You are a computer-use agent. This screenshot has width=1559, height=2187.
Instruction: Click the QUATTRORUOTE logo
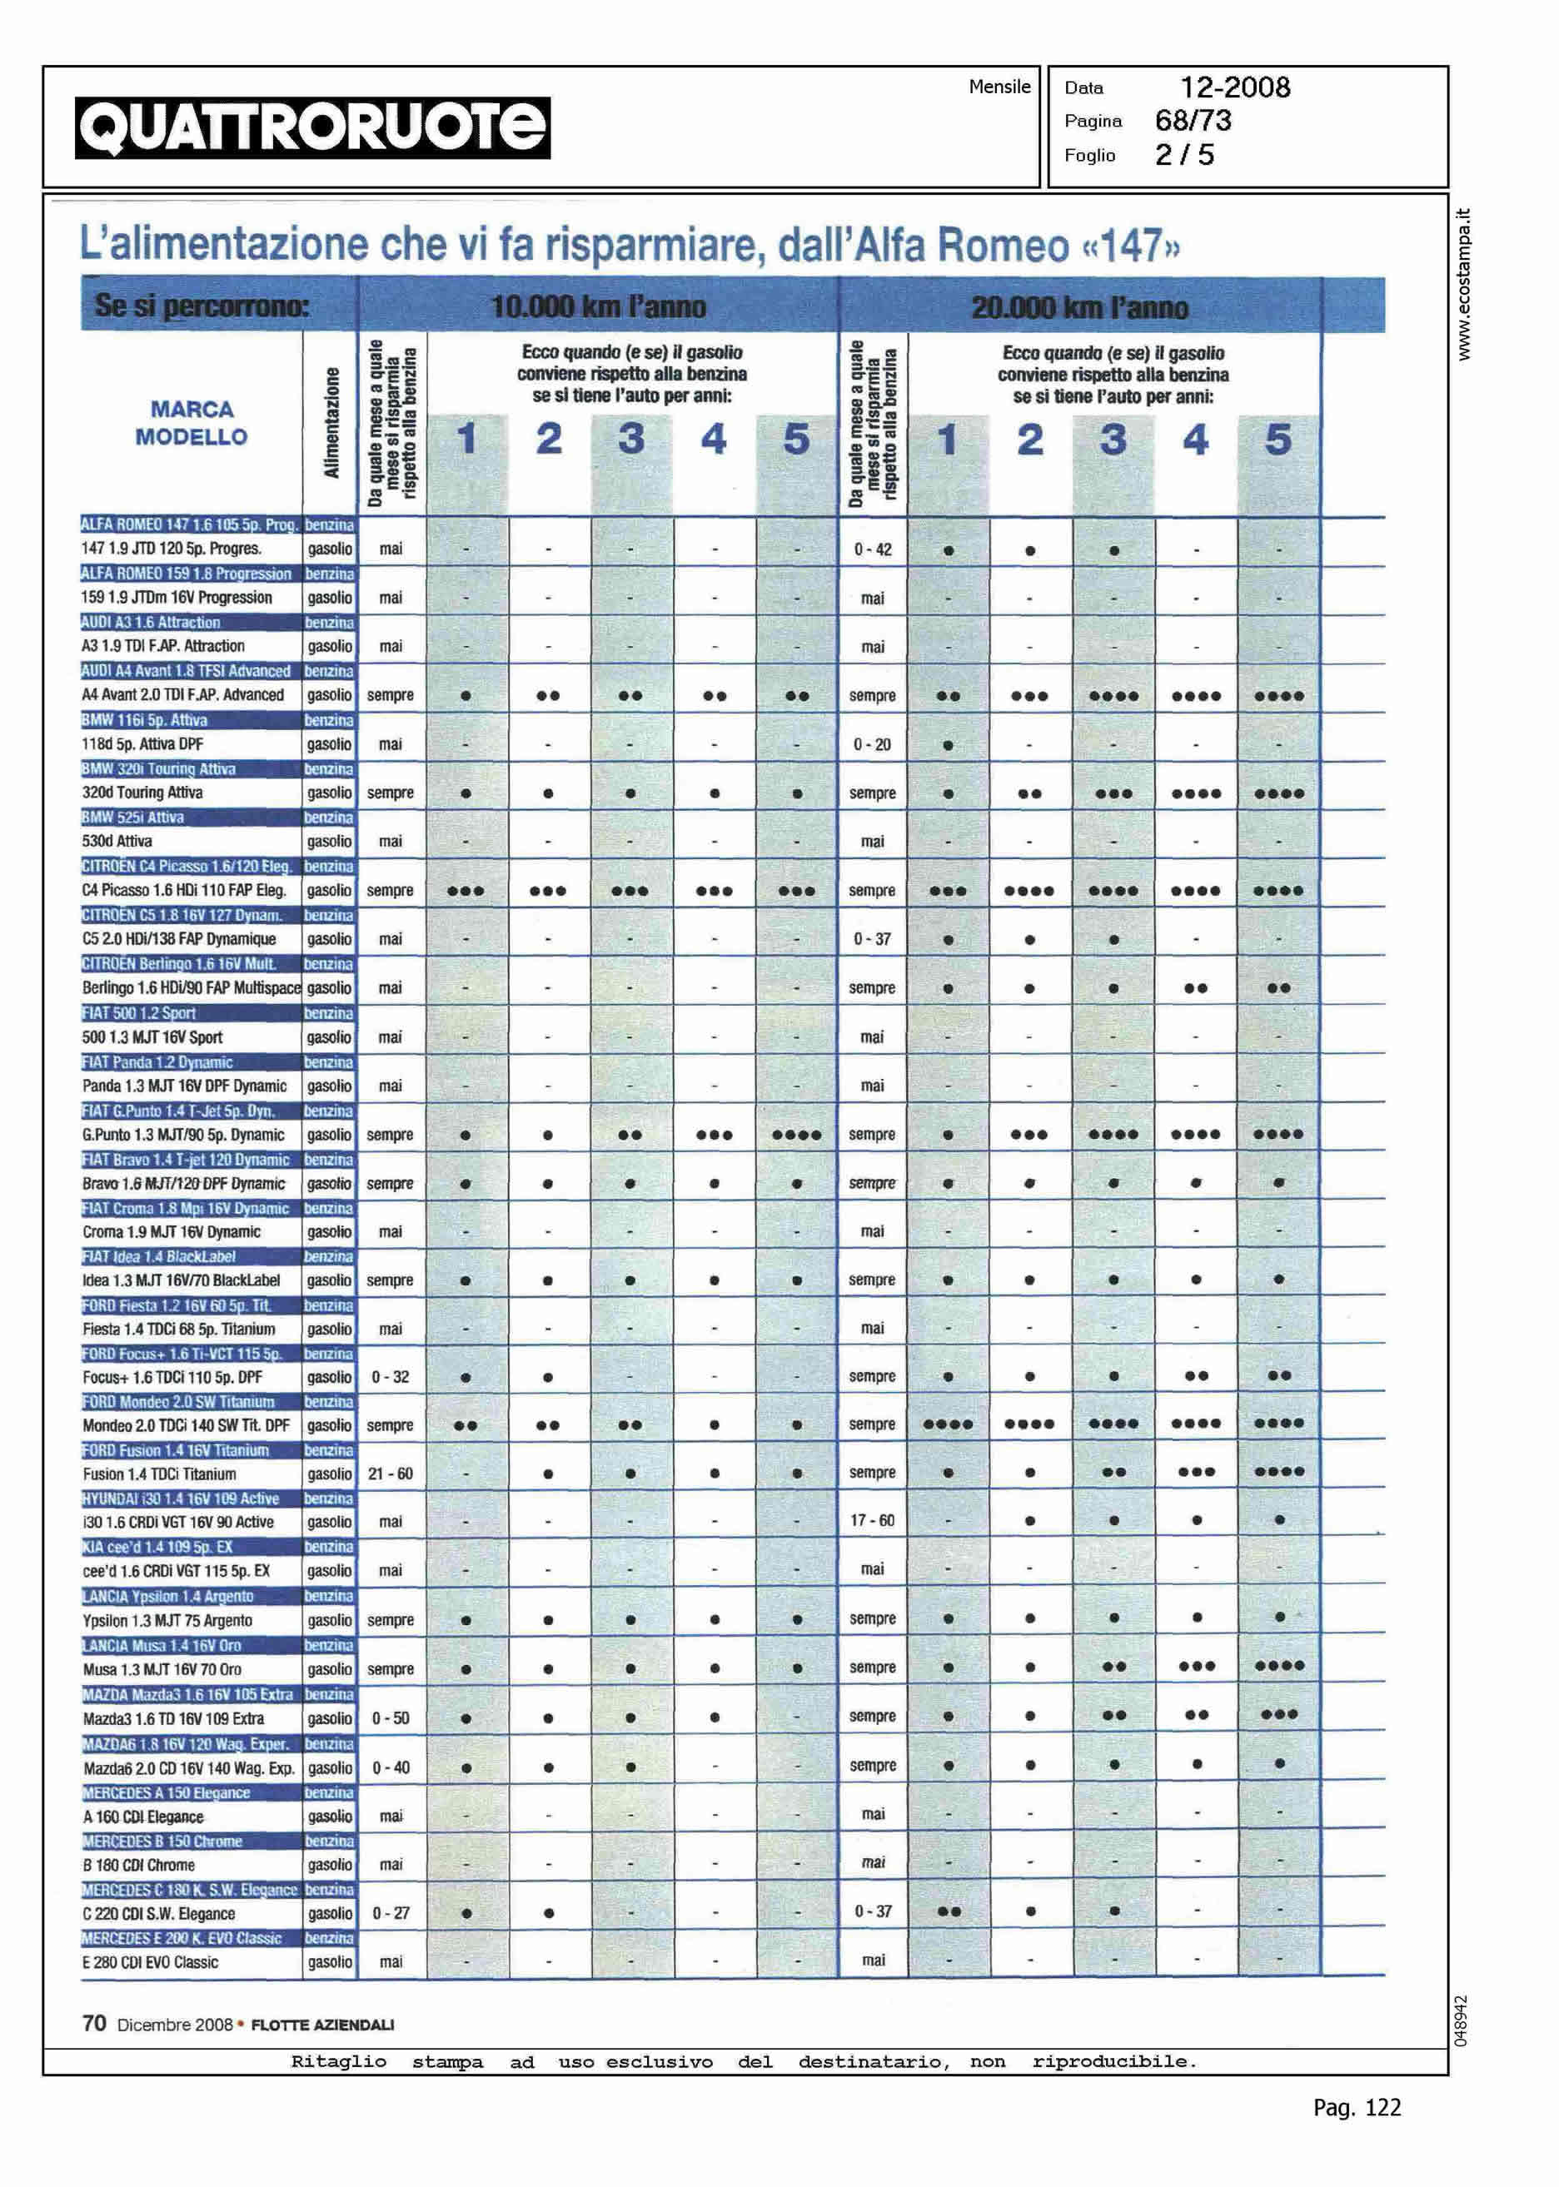click(x=313, y=127)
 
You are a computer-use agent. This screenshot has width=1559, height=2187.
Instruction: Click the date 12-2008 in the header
click(x=1234, y=87)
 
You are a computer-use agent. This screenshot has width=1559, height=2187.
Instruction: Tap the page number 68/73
click(x=1193, y=121)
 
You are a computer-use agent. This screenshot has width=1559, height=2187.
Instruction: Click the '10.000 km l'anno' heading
click(x=598, y=307)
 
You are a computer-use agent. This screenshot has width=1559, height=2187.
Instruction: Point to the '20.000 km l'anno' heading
click(x=1079, y=308)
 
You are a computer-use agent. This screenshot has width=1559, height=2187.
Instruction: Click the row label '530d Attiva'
click(x=117, y=842)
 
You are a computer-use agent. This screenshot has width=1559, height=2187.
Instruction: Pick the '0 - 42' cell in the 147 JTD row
click(x=872, y=549)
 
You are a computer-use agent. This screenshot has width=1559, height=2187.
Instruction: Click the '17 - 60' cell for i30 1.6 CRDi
click(x=872, y=1521)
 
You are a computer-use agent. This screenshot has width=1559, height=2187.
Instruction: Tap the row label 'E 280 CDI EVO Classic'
click(x=151, y=1962)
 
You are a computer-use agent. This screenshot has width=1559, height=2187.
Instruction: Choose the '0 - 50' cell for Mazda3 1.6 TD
click(x=390, y=1718)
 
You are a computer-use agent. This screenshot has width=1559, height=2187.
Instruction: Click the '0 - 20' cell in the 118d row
click(x=872, y=744)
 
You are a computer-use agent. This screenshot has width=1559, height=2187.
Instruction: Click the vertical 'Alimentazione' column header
click(x=331, y=423)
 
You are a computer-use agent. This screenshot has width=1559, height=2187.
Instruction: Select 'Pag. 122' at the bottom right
click(x=1357, y=2108)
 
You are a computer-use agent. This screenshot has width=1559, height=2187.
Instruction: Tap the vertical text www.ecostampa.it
click(x=1463, y=284)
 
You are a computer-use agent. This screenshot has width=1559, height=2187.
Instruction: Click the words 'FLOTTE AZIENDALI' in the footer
click(x=321, y=2025)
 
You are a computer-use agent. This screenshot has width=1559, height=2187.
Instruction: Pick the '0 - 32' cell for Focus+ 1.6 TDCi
click(x=390, y=1377)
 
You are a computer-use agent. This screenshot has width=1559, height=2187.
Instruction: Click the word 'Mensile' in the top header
click(x=999, y=87)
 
